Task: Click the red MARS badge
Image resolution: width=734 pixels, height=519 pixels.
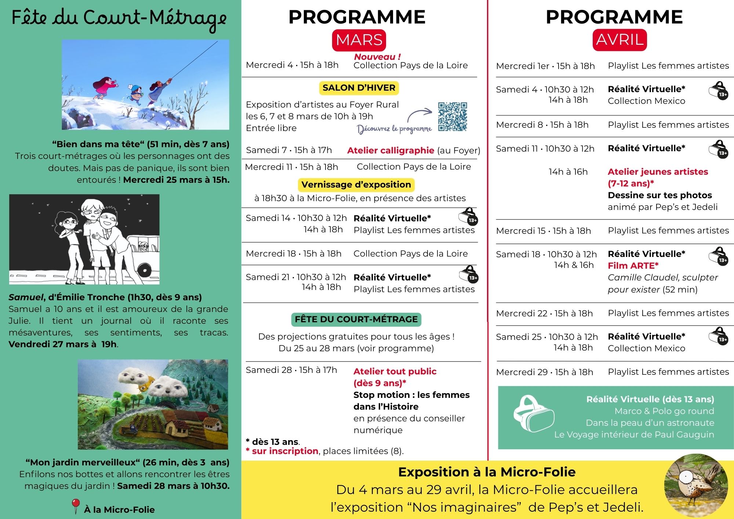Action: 359,40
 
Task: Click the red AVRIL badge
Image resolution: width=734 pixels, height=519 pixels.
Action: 619,40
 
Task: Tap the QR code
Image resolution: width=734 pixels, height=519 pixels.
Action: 453,117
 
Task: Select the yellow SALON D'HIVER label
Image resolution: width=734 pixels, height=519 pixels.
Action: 359,88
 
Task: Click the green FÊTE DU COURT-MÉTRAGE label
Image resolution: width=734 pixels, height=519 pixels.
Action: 356,319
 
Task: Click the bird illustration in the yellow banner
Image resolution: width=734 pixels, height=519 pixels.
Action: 695,485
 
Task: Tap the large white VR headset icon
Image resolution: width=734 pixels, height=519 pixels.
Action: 533,413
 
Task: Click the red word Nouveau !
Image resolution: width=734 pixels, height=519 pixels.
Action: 377,57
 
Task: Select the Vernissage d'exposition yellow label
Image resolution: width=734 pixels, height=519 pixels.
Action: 356,185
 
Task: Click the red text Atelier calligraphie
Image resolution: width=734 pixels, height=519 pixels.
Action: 390,150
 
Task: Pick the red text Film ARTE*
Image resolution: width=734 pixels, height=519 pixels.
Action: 633,266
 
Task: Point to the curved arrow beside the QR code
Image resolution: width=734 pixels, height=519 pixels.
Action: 419,115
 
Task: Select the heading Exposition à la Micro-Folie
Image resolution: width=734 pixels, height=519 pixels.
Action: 487,472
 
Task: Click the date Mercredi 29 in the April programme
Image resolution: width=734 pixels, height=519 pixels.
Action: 522,372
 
